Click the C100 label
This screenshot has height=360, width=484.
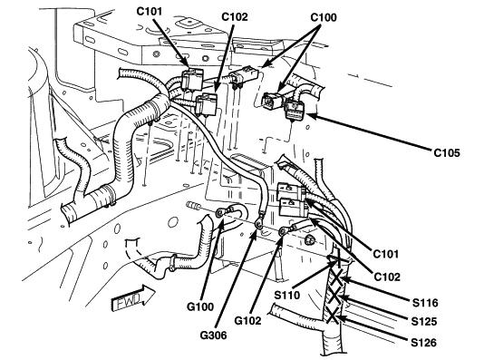click(x=324, y=17)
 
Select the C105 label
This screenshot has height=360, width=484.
click(x=447, y=153)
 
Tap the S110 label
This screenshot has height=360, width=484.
click(x=287, y=296)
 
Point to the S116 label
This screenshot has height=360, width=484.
click(x=425, y=303)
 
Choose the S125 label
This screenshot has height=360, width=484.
click(x=424, y=322)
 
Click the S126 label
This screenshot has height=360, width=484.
click(x=424, y=343)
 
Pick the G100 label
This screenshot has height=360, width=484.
click(x=200, y=306)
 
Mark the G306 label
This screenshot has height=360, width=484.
click(x=213, y=336)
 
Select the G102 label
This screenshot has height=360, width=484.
click(x=247, y=321)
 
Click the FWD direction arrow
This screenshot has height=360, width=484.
click(x=132, y=297)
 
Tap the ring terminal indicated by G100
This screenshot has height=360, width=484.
click(x=219, y=212)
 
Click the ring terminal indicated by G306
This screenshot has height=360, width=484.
click(x=258, y=225)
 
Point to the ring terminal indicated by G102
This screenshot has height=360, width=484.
click(x=283, y=231)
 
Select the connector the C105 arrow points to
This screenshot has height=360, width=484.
click(x=295, y=109)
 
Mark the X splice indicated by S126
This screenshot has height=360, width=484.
click(x=333, y=316)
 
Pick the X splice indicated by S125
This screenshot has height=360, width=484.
click(x=334, y=296)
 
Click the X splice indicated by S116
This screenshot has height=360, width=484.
click(x=336, y=277)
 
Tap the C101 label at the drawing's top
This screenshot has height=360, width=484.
click(x=149, y=12)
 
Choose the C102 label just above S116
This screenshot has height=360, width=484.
click(x=387, y=277)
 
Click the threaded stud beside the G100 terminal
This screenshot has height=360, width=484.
click(x=194, y=206)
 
